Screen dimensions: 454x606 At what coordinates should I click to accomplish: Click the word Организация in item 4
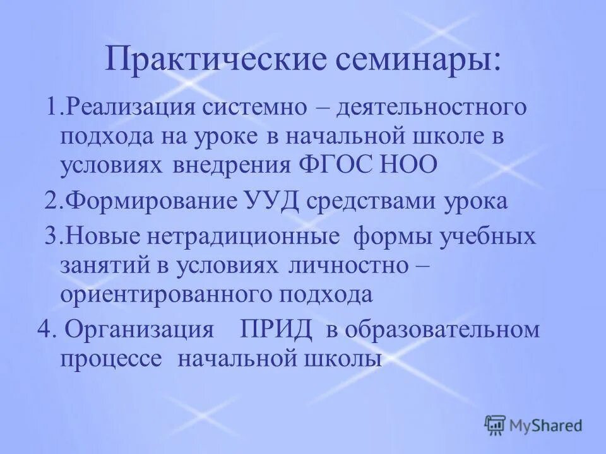pos(138,330)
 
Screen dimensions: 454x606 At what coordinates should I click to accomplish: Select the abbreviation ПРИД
pos(276,330)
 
